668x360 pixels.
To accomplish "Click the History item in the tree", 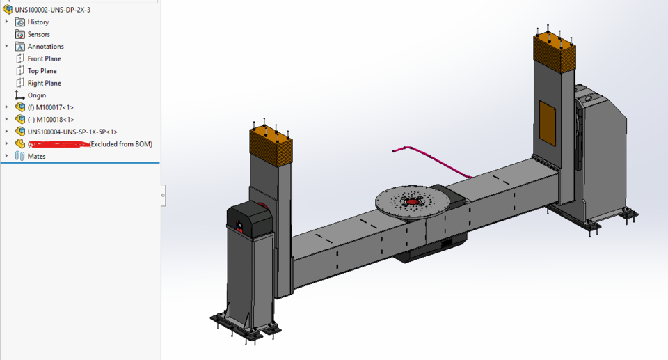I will pyautogui.click(x=38, y=22).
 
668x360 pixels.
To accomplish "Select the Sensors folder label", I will pyautogui.click(x=38, y=34).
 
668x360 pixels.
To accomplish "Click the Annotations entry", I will pyautogui.click(x=45, y=47).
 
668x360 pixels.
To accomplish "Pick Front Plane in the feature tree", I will pyautogui.click(x=44, y=58).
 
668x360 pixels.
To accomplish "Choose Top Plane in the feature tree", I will pyautogui.click(x=42, y=71).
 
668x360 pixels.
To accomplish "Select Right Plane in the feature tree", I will pyautogui.click(x=44, y=83).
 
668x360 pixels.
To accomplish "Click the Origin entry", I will pyautogui.click(x=36, y=95).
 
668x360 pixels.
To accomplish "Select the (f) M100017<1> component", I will pyautogui.click(x=50, y=107).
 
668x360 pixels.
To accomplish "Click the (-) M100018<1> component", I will pyautogui.click(x=50, y=120).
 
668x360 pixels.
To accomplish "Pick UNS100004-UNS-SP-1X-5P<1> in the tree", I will pyautogui.click(x=72, y=132).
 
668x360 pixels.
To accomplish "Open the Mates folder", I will pyautogui.click(x=36, y=156).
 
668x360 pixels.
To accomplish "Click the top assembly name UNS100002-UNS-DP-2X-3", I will pyautogui.click(x=52, y=10).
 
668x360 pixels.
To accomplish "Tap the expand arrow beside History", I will pyautogui.click(x=7, y=22).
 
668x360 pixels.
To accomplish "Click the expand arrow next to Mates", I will pyautogui.click(x=7, y=156).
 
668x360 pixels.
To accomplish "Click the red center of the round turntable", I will pyautogui.click(x=413, y=201).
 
